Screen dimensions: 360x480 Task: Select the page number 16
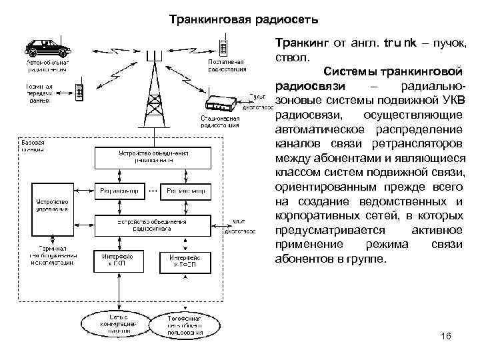tap(446, 336)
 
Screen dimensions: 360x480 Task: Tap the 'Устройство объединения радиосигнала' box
tap(153, 225)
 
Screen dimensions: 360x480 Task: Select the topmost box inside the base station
tap(153, 157)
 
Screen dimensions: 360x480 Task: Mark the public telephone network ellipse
tap(185, 324)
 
